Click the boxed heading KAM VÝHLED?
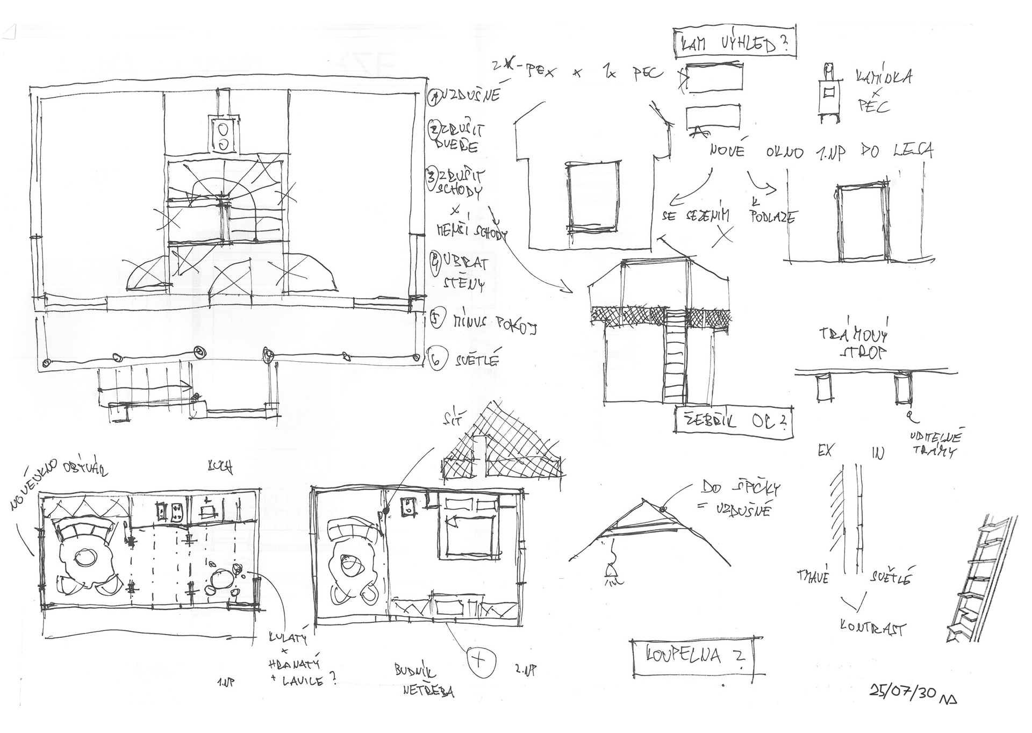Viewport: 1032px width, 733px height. pyautogui.click(x=734, y=42)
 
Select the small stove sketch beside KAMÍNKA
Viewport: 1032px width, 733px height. pyautogui.click(x=830, y=92)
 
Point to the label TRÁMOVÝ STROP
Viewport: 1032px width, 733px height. pyautogui.click(x=854, y=343)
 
